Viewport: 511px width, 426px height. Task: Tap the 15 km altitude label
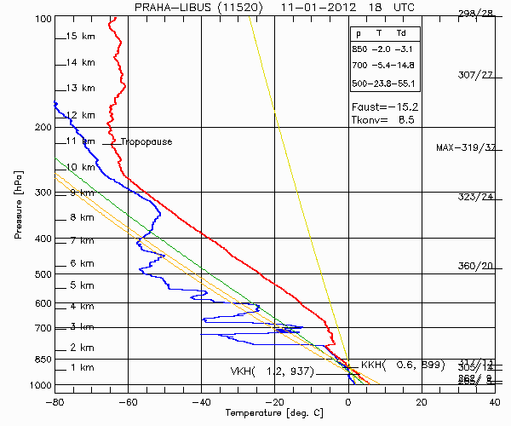(x=80, y=37)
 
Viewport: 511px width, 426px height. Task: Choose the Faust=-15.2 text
(x=383, y=107)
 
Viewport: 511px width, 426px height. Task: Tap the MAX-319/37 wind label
(x=466, y=148)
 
